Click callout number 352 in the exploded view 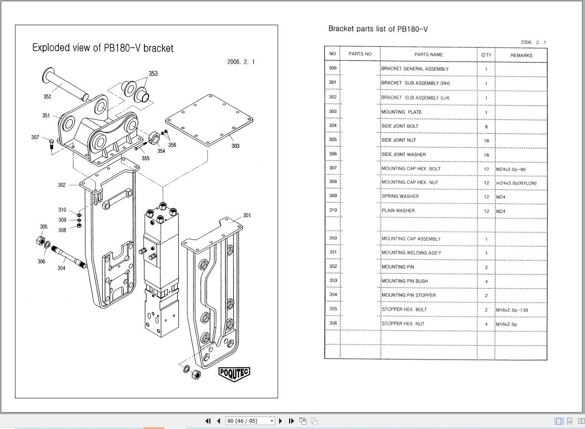(47, 97)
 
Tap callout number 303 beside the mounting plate (235, 146)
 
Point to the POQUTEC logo (234, 373)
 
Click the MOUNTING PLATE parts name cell (401, 112)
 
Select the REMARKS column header (521, 56)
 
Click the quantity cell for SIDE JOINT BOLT (486, 127)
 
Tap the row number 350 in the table (332, 238)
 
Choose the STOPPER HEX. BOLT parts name (404, 310)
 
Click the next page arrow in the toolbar (280, 421)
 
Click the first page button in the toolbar (208, 421)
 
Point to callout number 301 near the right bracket (246, 216)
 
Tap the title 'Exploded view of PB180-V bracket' (103, 48)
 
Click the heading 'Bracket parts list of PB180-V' (378, 29)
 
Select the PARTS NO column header (360, 54)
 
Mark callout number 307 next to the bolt (35, 138)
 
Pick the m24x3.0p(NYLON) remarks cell (516, 183)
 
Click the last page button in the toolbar (291, 421)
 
